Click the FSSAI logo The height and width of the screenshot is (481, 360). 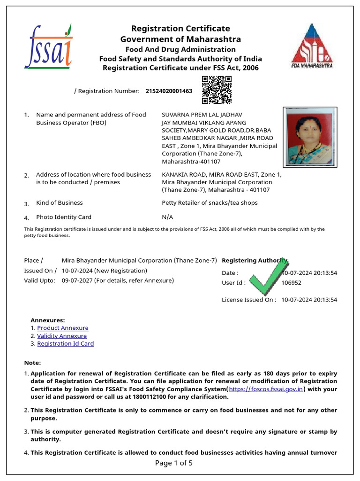tap(48, 47)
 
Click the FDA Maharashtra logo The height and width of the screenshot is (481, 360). tap(311, 46)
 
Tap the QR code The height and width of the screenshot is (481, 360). tap(217, 90)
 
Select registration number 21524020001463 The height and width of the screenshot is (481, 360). tap(169, 91)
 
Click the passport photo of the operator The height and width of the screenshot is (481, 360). tap(308, 137)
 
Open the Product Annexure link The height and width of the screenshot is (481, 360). tap(63, 328)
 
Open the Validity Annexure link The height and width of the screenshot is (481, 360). tap(62, 336)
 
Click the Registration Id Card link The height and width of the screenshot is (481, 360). tap(66, 344)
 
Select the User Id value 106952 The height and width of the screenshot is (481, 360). tap(291, 283)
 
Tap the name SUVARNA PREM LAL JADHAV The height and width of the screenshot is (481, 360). tap(202, 115)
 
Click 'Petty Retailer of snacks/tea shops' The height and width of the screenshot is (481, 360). tap(210, 203)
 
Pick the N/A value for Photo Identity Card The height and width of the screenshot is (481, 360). tap(167, 217)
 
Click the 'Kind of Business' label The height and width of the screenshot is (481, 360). tap(60, 203)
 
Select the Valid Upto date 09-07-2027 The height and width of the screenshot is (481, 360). tap(77, 280)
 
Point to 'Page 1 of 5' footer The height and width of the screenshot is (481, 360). tap(173, 463)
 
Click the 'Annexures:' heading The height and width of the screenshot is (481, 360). tap(48, 320)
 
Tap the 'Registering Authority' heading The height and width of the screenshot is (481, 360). tap(253, 260)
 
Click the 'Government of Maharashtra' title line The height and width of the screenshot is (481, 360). tap(180, 39)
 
